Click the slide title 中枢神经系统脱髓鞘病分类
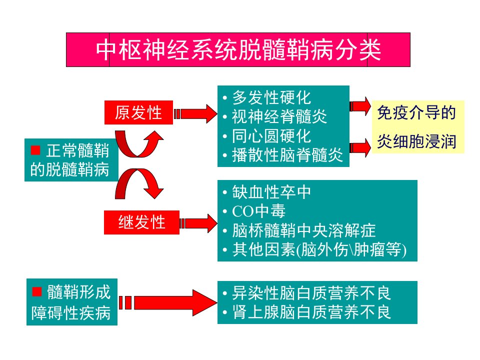pyautogui.click(x=238, y=49)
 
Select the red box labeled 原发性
pyautogui.click(x=138, y=112)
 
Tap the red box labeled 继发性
pyautogui.click(x=141, y=222)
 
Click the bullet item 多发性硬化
pyautogui.click(x=271, y=97)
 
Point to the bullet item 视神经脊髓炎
pyautogui.click(x=279, y=116)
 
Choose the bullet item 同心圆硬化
pyautogui.click(x=271, y=136)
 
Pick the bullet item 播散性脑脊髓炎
pyautogui.click(x=287, y=155)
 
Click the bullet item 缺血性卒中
pyautogui.click(x=271, y=192)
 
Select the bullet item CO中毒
pyautogui.click(x=259, y=211)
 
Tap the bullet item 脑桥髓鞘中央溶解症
pyautogui.click(x=303, y=230)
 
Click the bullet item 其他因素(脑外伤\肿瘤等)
pyautogui.click(x=319, y=249)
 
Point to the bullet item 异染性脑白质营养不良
pyautogui.click(x=311, y=293)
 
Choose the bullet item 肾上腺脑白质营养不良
pyautogui.click(x=311, y=312)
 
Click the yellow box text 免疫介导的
pyautogui.click(x=416, y=112)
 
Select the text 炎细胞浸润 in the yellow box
pyautogui.click(x=416, y=141)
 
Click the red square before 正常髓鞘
pyautogui.click(x=35, y=150)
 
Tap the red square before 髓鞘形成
pyautogui.click(x=37, y=291)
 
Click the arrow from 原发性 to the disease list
pyautogui.click(x=195, y=113)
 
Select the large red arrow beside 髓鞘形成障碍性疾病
pyautogui.click(x=168, y=303)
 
